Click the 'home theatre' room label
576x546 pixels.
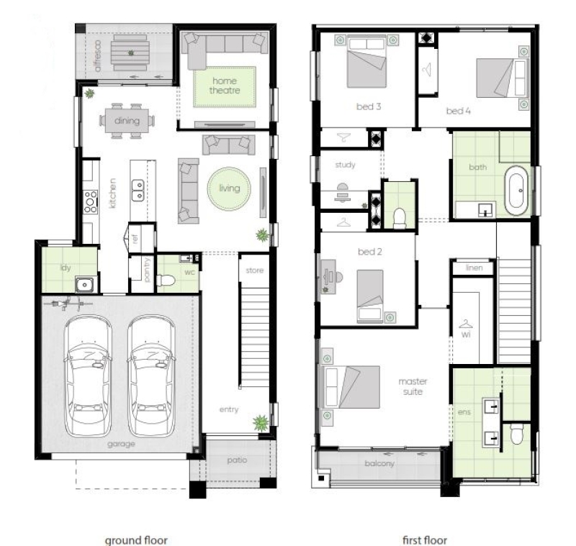pyautogui.click(x=225, y=86)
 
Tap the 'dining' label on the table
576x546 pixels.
pyautogui.click(x=127, y=121)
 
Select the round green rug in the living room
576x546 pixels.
pyautogui.click(x=229, y=188)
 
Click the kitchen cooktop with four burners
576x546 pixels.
pyautogui.click(x=91, y=202)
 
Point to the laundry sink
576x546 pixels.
pyautogui.click(x=84, y=285)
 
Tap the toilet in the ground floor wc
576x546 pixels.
pyautogui.click(x=166, y=281)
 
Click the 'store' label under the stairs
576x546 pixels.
pyautogui.click(x=255, y=270)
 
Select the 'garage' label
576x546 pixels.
pyautogui.click(x=121, y=444)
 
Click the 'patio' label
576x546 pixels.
pyautogui.click(x=237, y=460)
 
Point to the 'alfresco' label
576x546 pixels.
pyautogui.click(x=97, y=56)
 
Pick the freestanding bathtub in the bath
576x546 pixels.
pyautogui.click(x=516, y=191)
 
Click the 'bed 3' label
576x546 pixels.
pyautogui.click(x=369, y=106)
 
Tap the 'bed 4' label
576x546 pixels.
pyautogui.click(x=458, y=111)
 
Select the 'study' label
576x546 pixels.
pyautogui.click(x=346, y=165)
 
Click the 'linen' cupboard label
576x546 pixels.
pyautogui.click(x=474, y=268)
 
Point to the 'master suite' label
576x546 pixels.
pyautogui.click(x=413, y=387)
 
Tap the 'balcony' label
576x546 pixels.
pyautogui.click(x=379, y=463)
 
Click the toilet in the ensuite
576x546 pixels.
pyautogui.click(x=516, y=433)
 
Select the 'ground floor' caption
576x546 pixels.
pyautogui.click(x=136, y=540)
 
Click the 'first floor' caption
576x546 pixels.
pyautogui.click(x=425, y=540)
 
